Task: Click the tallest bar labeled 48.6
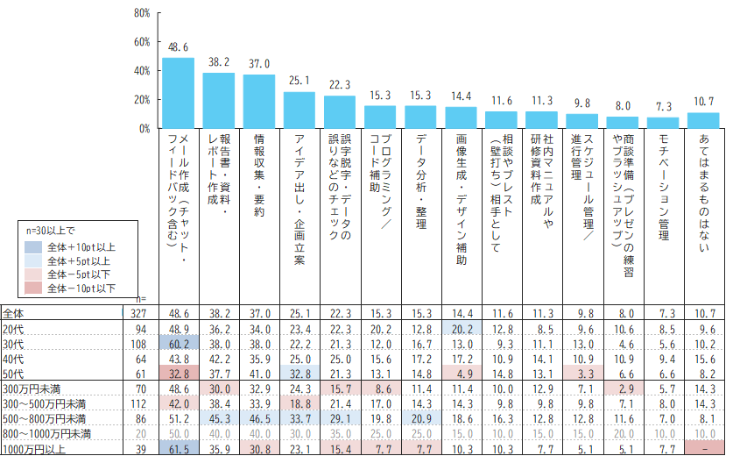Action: click(x=178, y=93)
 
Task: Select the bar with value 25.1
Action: click(x=300, y=110)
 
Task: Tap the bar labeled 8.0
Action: click(x=623, y=123)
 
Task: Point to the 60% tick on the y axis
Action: click(x=159, y=42)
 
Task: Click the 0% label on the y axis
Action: click(x=144, y=129)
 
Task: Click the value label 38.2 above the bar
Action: click(x=219, y=62)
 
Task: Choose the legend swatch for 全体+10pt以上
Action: click(x=33, y=247)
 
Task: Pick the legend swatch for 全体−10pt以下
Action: click(x=33, y=289)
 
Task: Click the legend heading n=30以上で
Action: click(x=51, y=231)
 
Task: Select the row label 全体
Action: click(x=13, y=313)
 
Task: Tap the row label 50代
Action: click(x=13, y=374)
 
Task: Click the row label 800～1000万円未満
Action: click(x=46, y=434)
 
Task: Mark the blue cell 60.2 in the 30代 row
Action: click(x=179, y=343)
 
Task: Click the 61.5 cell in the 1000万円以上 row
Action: click(x=179, y=448)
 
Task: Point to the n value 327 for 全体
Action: click(x=138, y=314)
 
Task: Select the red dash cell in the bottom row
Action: click(x=704, y=448)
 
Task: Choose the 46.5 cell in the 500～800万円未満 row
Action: click(x=259, y=418)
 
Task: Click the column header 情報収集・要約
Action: click(x=259, y=175)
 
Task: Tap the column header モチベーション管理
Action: click(x=664, y=187)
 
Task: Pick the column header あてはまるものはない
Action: click(x=704, y=193)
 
